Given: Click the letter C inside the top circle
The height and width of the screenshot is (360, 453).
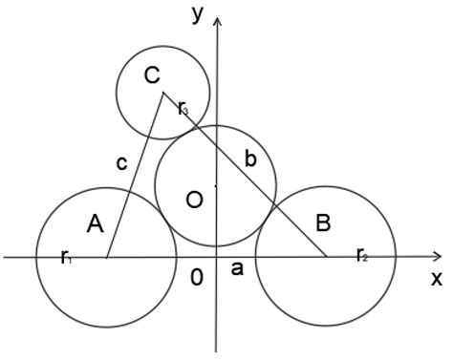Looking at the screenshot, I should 151,76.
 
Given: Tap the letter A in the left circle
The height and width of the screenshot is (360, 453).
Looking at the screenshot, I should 95,224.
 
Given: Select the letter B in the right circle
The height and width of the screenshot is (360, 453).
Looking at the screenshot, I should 323,224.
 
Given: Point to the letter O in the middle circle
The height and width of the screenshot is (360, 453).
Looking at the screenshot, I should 194,200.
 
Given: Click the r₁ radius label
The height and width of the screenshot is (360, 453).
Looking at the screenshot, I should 66,256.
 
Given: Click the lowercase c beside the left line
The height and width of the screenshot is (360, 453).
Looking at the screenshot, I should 121,163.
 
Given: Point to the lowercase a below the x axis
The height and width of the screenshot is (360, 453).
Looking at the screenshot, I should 238,270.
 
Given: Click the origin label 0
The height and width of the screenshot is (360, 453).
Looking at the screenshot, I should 197,277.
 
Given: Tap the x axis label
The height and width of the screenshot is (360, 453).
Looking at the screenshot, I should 436,279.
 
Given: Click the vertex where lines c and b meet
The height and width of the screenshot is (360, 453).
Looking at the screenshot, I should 163,93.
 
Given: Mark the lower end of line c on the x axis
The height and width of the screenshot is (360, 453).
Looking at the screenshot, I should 106,257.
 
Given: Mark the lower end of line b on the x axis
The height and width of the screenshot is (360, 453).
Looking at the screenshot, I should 327,257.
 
